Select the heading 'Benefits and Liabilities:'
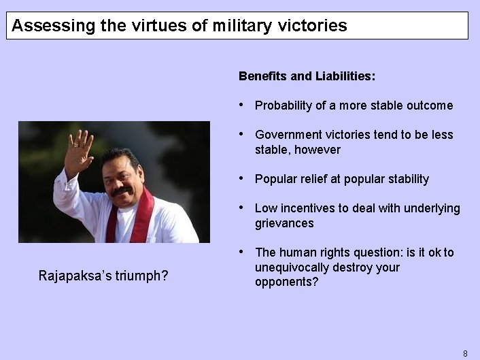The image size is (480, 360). pos(307,76)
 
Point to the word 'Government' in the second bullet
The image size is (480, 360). pos(288,135)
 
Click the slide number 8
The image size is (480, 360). pos(465,353)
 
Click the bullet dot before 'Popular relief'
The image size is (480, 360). pos(243,179)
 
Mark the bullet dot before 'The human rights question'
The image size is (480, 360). pos(243,252)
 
